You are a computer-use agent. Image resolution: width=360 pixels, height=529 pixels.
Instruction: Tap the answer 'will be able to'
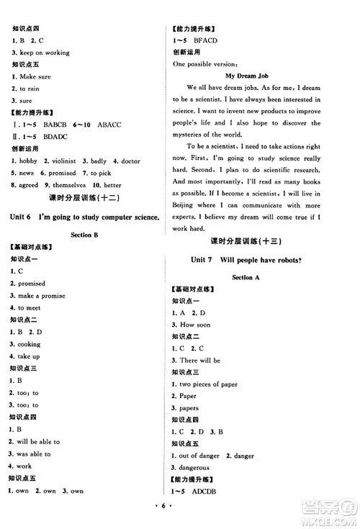coord(39,442)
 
